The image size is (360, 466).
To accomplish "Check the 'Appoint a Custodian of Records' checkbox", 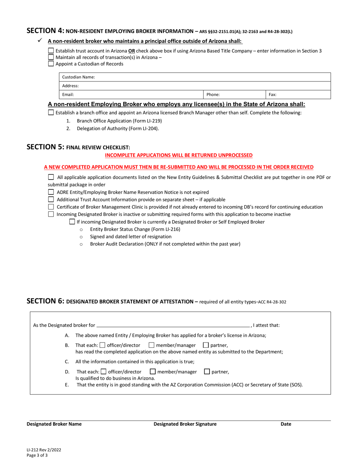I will click(x=51, y=64).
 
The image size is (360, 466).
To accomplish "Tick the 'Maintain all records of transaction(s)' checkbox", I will click(x=51, y=57).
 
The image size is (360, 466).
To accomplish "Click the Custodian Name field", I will click(x=212, y=77).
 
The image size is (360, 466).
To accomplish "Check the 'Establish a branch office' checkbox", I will click(x=51, y=113).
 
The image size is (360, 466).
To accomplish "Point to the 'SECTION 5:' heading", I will click(x=45, y=147).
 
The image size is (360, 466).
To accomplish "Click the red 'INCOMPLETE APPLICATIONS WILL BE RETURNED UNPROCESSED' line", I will click(x=178, y=155).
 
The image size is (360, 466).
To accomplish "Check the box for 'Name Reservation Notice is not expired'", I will click(x=51, y=192).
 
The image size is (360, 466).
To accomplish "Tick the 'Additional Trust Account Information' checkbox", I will click(x=51, y=199).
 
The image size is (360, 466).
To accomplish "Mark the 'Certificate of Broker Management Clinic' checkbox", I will click(x=51, y=207).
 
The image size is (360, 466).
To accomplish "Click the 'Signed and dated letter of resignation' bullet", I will click(x=130, y=236).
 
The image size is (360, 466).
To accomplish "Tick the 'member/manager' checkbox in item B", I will click(x=152, y=345).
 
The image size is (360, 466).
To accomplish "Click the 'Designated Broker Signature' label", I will click(x=185, y=424).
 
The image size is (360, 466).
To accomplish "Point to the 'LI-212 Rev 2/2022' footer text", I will click(x=44, y=450).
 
